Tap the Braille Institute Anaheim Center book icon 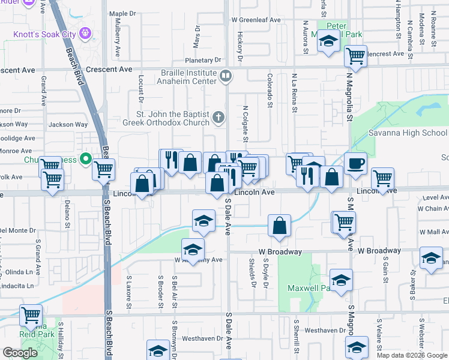point(225,76)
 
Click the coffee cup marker point(355,163)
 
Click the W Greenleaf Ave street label point(260,20)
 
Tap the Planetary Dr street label point(203,61)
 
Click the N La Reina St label point(294,94)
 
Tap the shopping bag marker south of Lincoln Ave point(279,226)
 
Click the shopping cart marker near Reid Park point(31,315)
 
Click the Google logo point(20,353)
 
